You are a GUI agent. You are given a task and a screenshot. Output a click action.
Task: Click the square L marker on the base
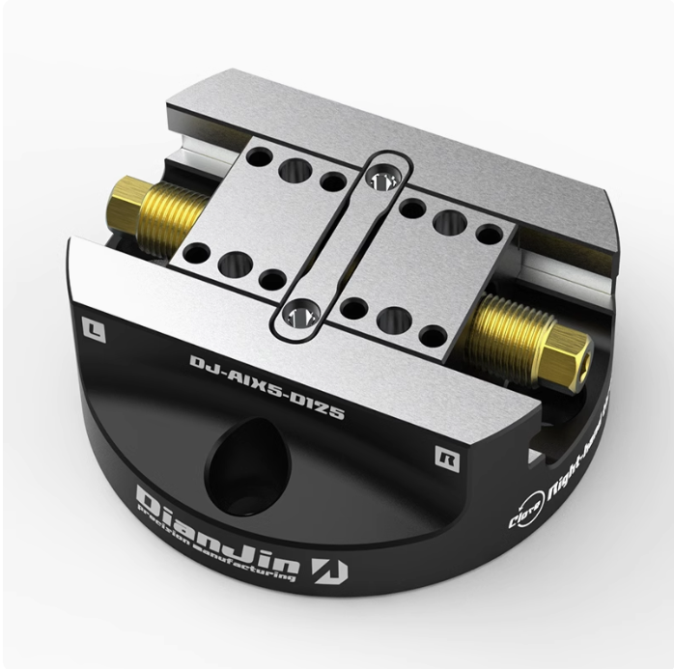tap(94, 325)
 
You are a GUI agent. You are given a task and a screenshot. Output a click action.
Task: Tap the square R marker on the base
tap(444, 452)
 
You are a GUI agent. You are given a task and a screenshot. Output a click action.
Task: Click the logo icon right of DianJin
tap(336, 570)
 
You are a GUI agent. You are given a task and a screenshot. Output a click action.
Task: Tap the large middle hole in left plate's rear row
tap(293, 170)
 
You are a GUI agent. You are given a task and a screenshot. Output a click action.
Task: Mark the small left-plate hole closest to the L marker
tap(197, 254)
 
